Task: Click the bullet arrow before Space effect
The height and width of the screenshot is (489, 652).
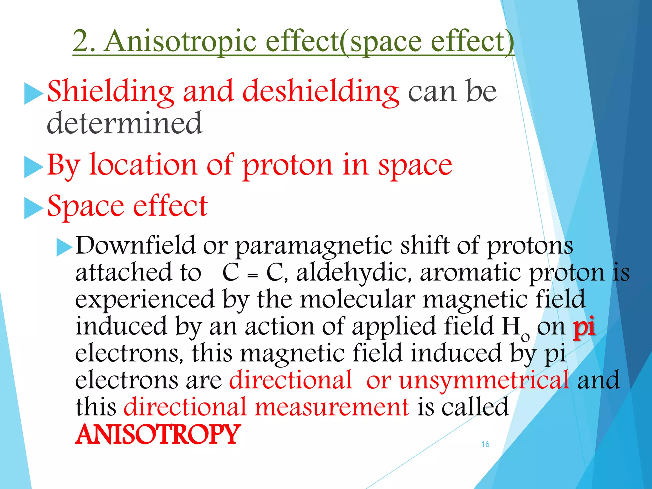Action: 33,208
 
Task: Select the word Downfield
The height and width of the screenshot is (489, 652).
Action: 136,246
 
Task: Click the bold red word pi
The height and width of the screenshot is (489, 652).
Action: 585,328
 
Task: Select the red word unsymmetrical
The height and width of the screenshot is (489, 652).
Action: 484,380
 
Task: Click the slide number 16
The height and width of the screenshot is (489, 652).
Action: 485,444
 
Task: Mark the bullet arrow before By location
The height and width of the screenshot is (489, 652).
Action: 33,167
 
